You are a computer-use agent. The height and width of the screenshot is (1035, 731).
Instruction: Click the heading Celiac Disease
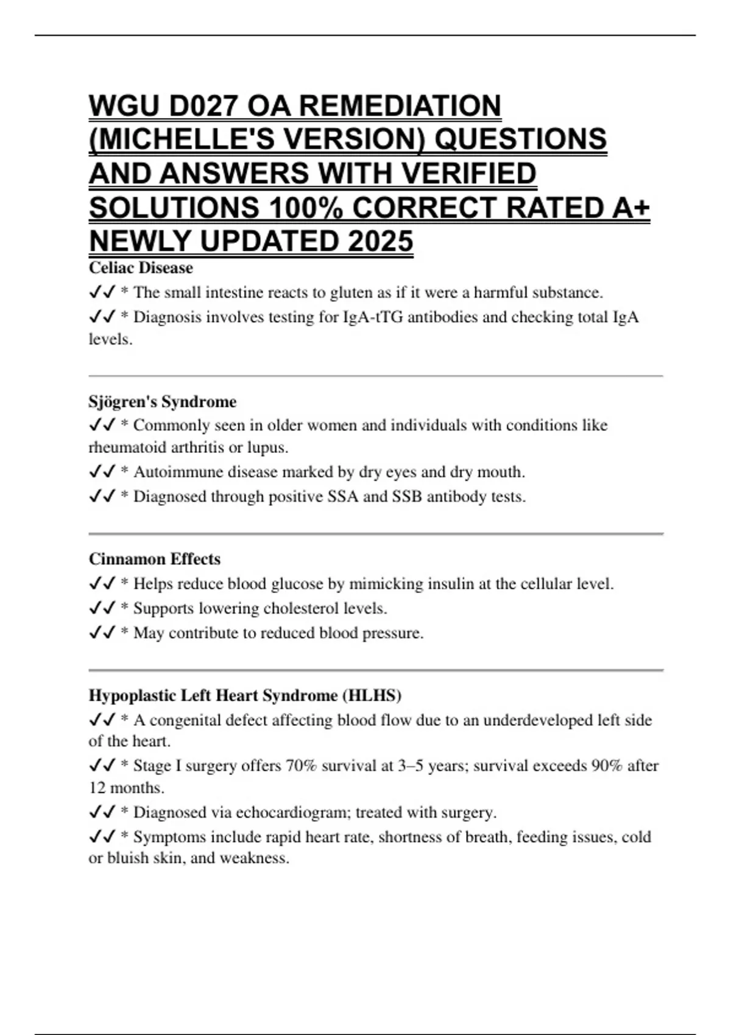coord(141,268)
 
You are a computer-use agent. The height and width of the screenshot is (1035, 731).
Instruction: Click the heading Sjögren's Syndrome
coord(162,402)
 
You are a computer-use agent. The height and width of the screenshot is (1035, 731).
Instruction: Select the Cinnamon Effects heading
coord(154,559)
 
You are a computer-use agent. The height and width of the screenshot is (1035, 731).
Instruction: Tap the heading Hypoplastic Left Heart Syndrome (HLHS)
coord(245,695)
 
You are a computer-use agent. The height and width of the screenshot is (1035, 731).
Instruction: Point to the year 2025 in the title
coord(381,241)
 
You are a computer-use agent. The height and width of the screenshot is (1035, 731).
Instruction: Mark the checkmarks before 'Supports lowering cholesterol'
coord(102,608)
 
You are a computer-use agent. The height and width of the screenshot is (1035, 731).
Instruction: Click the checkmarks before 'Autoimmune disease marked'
coord(102,472)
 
